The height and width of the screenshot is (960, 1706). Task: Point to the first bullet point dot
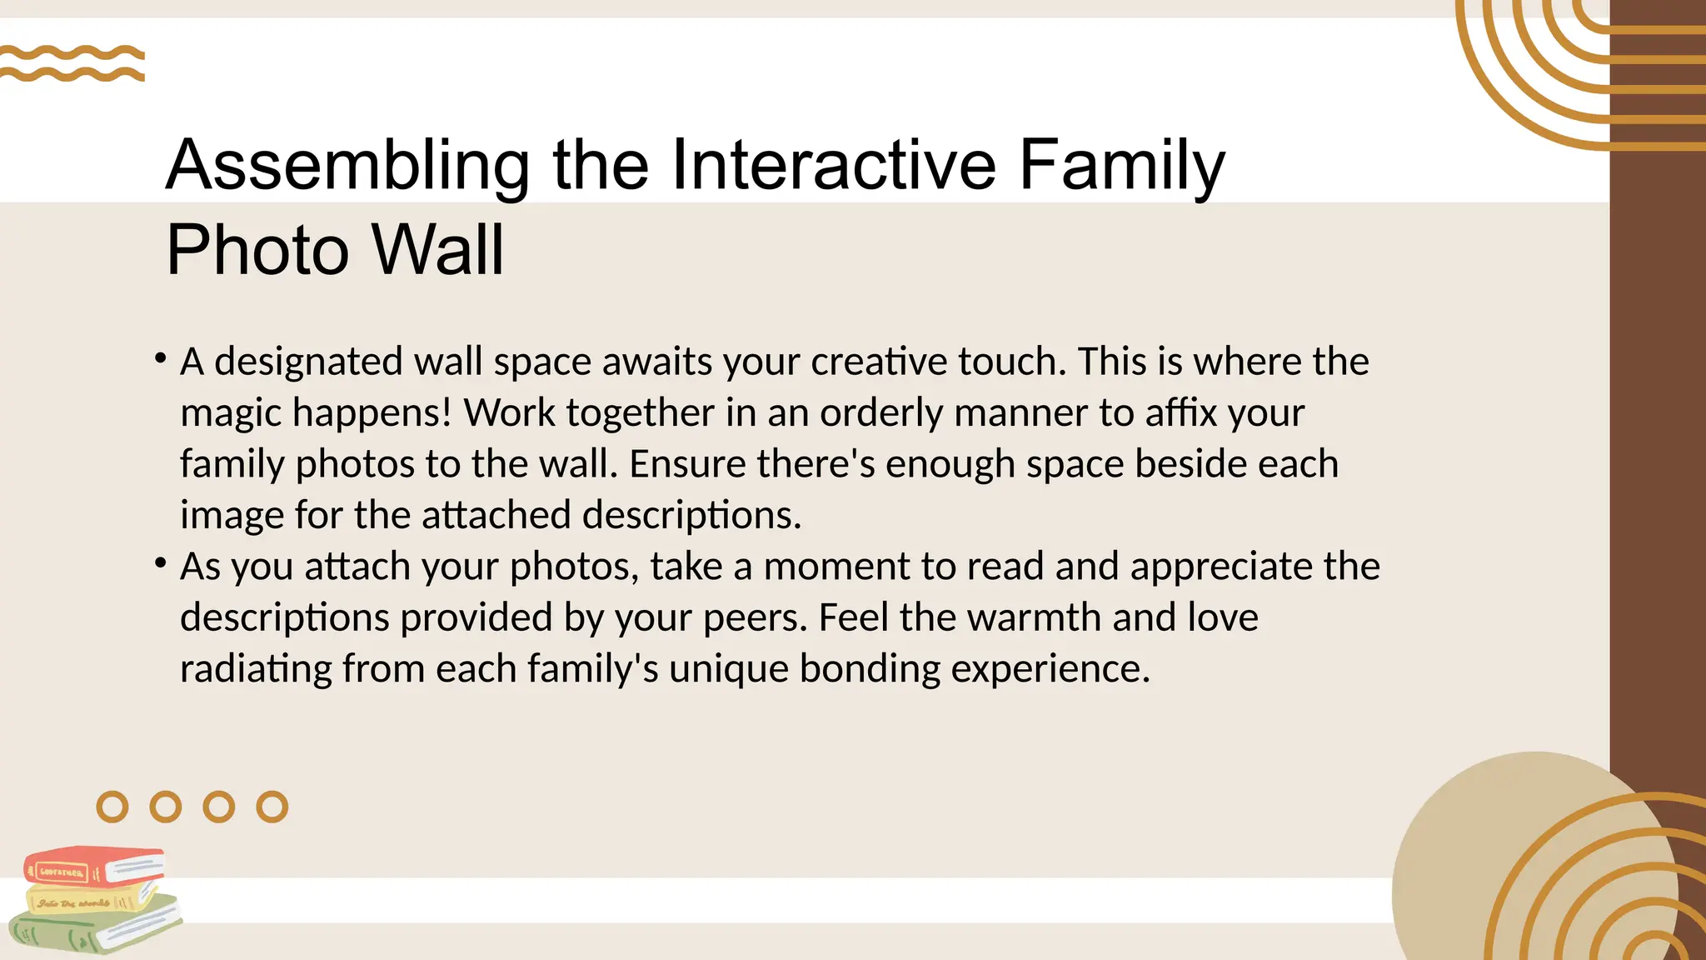[160, 358]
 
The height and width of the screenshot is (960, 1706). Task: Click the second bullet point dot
[160, 563]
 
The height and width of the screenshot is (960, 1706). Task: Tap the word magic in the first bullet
[230, 414]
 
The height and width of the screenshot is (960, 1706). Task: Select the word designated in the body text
[309, 362]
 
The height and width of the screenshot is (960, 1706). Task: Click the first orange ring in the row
[112, 807]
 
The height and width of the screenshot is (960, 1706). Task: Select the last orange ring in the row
[272, 807]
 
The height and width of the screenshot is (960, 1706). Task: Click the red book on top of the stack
[93, 867]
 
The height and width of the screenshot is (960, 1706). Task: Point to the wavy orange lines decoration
[72, 63]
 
